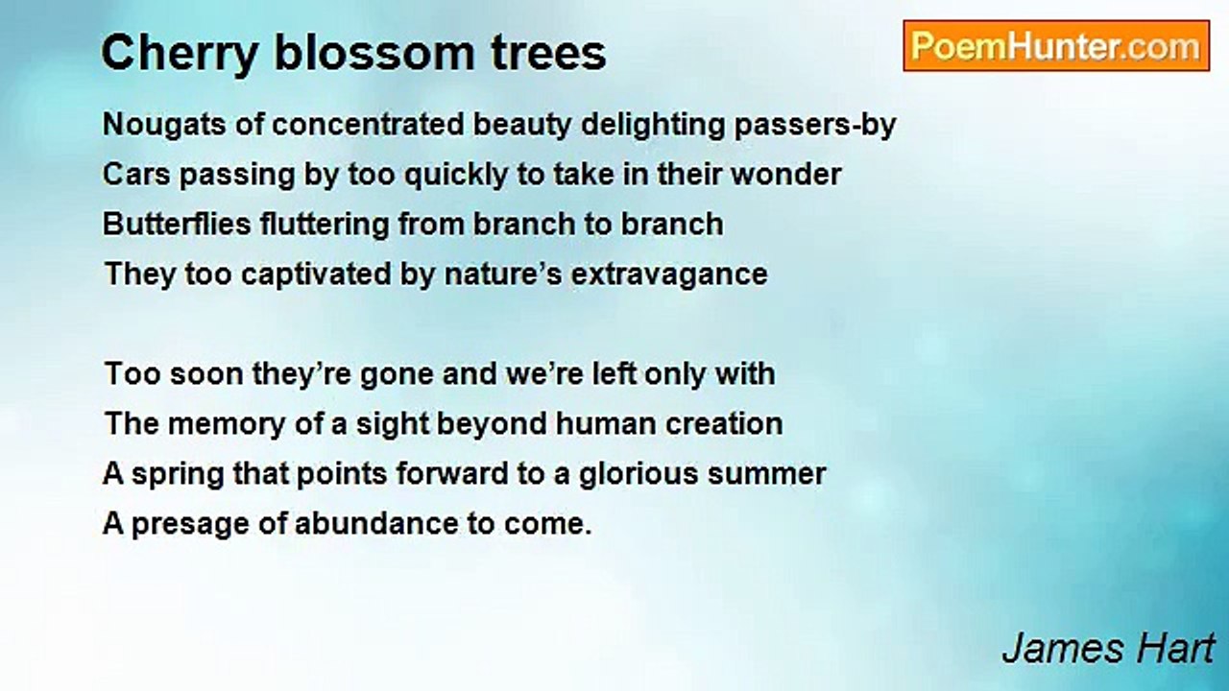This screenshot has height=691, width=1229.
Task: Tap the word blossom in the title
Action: pyautogui.click(x=374, y=53)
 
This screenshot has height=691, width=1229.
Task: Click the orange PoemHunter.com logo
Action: pyautogui.click(x=1056, y=46)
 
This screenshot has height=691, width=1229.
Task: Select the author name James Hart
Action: pyautogui.click(x=1108, y=648)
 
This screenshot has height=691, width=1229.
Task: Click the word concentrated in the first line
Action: pyautogui.click(x=368, y=125)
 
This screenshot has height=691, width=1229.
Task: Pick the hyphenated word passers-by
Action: pyautogui.click(x=815, y=126)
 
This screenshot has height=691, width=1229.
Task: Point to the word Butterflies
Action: pyautogui.click(x=177, y=225)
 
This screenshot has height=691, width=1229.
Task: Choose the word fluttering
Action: pyautogui.click(x=325, y=226)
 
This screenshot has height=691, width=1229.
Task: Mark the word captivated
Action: pyautogui.click(x=316, y=274)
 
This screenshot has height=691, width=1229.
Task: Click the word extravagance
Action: pyautogui.click(x=669, y=275)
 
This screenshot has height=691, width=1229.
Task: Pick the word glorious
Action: pyautogui.click(x=639, y=475)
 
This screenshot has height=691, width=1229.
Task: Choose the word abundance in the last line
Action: pyautogui.click(x=376, y=524)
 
